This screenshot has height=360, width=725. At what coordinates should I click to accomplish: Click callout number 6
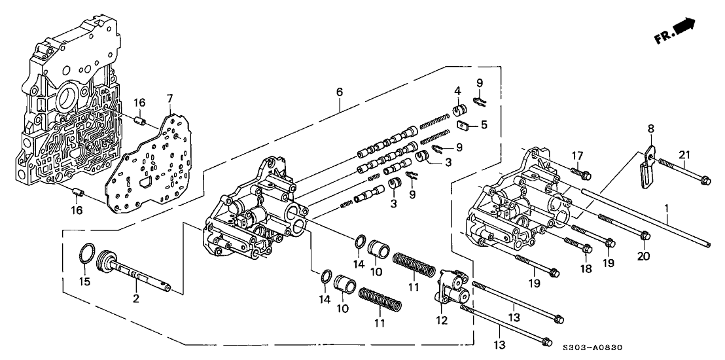point(340,93)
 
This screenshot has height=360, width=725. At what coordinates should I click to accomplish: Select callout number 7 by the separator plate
point(169,98)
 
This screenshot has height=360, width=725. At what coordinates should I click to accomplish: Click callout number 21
point(685,154)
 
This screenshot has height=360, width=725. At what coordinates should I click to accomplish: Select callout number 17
point(576,154)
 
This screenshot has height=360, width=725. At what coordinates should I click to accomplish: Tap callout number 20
point(644,257)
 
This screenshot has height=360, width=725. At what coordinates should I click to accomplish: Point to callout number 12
point(443,320)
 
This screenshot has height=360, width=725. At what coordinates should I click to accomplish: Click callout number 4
point(459,90)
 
